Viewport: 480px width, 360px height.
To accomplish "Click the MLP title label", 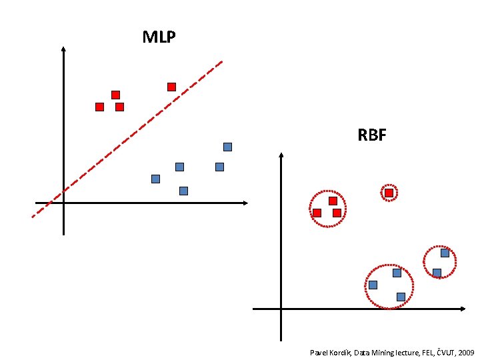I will coord(159,37).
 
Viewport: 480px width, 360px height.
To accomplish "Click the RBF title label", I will coord(372,135).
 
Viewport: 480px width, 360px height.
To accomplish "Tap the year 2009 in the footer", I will coord(465,351).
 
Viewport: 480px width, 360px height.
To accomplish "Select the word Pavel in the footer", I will coord(320,351).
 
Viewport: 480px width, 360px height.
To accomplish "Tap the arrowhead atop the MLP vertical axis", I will coord(63,49).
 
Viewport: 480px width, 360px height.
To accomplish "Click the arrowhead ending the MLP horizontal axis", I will coord(245,203).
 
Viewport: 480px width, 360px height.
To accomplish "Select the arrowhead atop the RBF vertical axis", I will coord(281,155).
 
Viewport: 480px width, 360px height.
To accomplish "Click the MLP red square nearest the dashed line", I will coord(171,87).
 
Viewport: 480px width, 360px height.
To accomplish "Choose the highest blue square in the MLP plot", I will coord(227,147).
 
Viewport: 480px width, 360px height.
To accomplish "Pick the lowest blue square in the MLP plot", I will coord(183,191).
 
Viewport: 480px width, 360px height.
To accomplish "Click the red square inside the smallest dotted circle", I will coord(389,193).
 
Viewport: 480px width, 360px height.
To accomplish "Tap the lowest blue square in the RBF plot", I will coord(401,297).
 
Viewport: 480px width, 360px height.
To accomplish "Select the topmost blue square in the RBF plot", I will coord(445,253).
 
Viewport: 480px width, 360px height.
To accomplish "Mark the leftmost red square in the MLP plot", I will coord(99,107).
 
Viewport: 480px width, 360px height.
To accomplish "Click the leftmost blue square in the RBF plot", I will coord(373,285).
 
